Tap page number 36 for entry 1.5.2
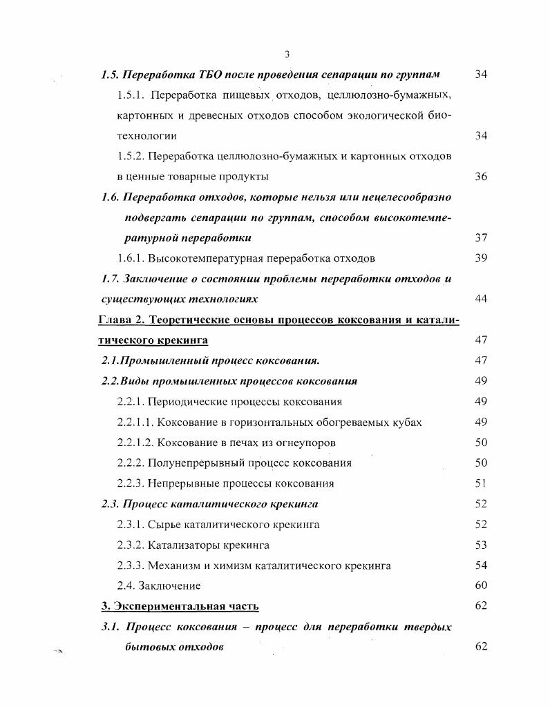coord(481,176)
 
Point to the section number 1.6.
coord(111,197)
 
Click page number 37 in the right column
coord(481,238)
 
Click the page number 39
coord(481,259)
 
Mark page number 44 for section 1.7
coord(481,299)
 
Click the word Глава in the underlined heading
coord(116,320)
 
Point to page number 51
coord(481,483)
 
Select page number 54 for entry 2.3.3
coord(481,565)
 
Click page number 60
coord(481,586)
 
